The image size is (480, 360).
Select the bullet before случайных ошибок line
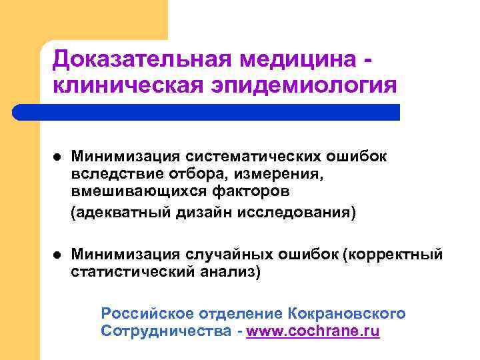tap(57, 255)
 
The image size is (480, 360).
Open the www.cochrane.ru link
tap(313, 331)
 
